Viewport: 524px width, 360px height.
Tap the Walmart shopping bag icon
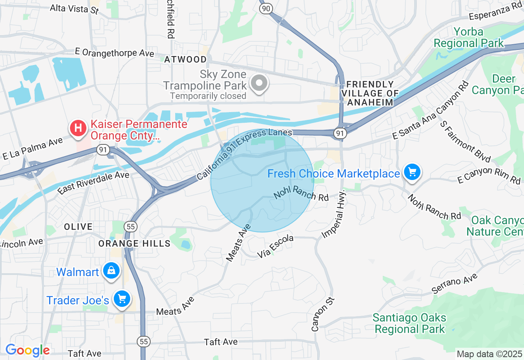111,270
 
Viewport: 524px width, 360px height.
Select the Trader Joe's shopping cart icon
122,299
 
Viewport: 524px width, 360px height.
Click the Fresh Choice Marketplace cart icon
412,172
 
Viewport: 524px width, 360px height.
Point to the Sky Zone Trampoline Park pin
259,83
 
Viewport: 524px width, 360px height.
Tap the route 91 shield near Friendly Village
340,133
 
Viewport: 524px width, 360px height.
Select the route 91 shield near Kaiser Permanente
102,150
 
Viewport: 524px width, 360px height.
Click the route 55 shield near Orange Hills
131,226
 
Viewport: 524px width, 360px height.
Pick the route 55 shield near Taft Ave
143,341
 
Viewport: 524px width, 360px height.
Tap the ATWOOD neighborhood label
185,59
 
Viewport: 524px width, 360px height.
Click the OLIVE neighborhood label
78,226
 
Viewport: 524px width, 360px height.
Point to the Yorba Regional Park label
469,38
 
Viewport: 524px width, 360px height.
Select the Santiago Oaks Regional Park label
409,323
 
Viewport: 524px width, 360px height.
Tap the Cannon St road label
323,314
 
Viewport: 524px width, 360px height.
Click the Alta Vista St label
74,9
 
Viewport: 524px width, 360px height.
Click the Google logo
27,350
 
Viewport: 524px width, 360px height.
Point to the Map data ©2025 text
489,354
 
